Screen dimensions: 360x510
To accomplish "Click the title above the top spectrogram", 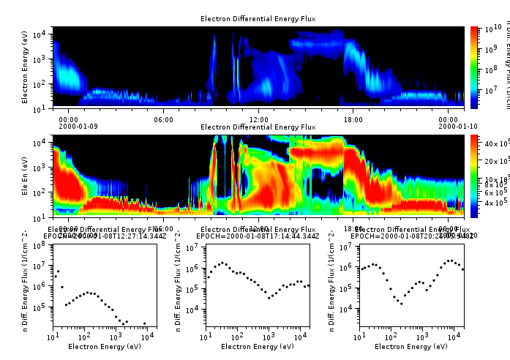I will click(x=258, y=18).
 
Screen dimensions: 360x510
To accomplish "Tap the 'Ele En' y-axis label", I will click(x=25, y=176).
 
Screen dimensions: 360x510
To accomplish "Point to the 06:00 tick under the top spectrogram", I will click(x=163, y=119).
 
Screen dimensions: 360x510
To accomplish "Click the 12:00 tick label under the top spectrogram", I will click(x=258, y=119).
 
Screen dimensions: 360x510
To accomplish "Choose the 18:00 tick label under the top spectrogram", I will click(x=353, y=119).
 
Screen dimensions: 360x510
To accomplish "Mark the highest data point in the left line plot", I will click(x=58, y=271).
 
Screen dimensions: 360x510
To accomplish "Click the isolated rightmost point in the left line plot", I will click(x=145, y=323).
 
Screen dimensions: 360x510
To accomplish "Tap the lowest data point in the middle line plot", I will click(x=269, y=298).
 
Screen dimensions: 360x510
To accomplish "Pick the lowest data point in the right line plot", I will click(x=401, y=303).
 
